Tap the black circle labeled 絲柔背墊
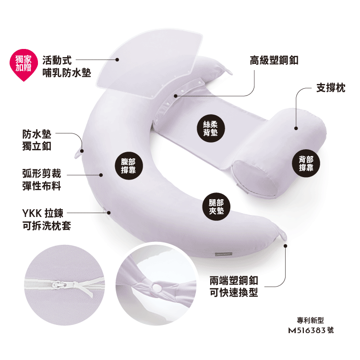click(212, 127)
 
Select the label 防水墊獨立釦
click(36, 140)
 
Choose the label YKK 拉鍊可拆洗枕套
click(46, 219)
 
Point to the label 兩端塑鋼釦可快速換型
click(234, 286)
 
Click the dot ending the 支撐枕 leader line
click(296, 128)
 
